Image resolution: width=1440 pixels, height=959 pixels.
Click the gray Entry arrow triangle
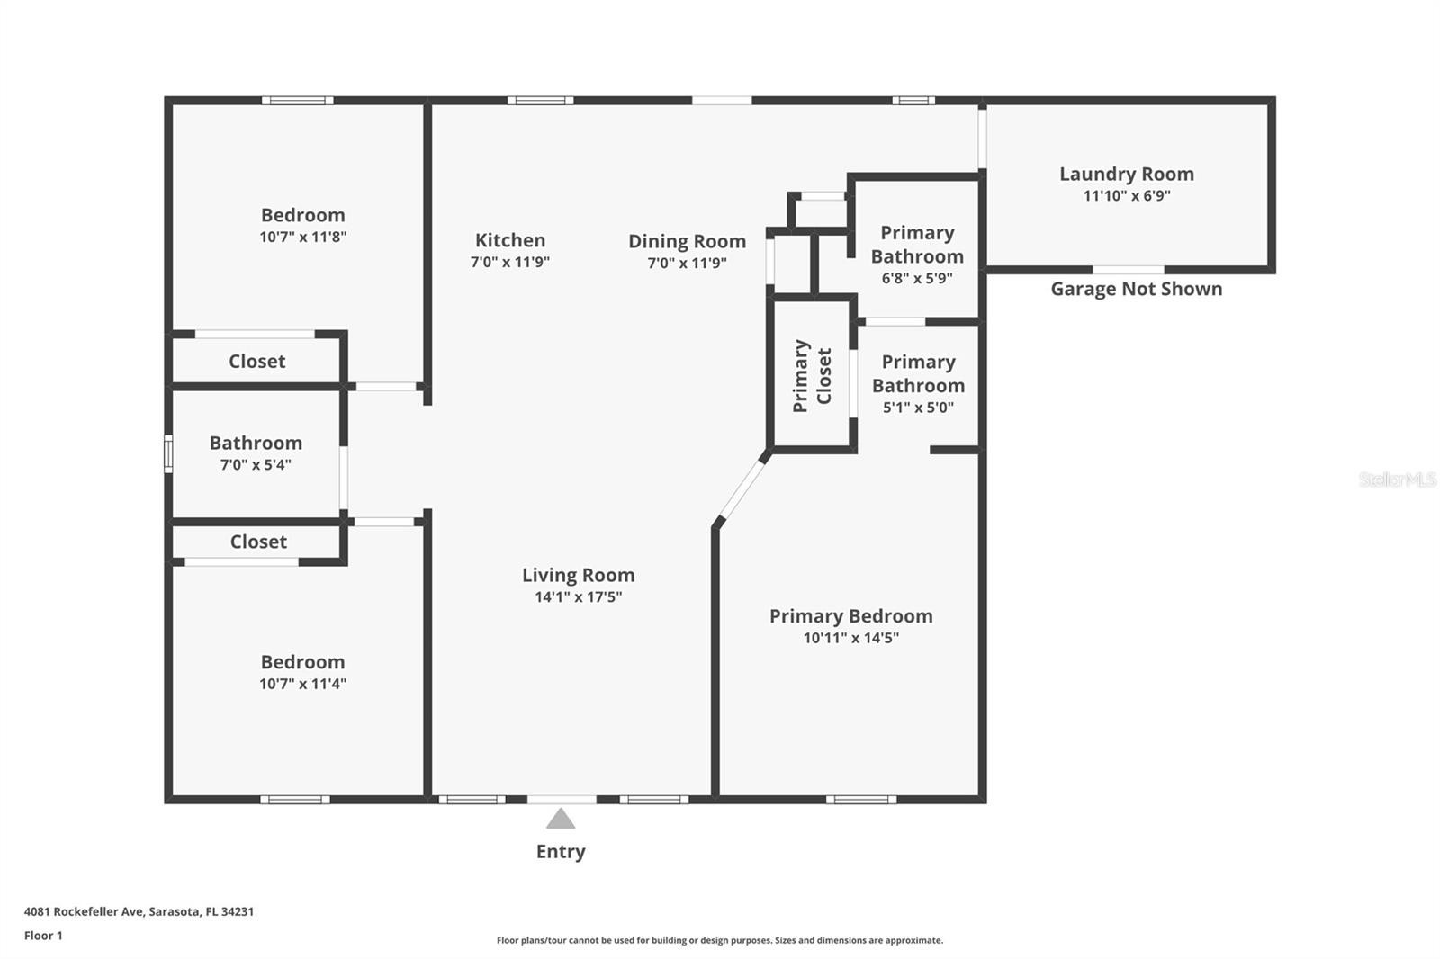pyautogui.click(x=561, y=819)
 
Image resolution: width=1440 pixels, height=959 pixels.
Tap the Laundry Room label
pyautogui.click(x=1126, y=174)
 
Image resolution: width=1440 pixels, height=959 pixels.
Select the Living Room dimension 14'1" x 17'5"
pyautogui.click(x=579, y=596)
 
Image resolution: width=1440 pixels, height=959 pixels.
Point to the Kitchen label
pyautogui.click(x=510, y=239)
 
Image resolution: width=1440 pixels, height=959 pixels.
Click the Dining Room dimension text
pyautogui.click(x=687, y=263)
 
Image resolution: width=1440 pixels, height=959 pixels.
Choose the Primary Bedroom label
pyautogui.click(x=851, y=615)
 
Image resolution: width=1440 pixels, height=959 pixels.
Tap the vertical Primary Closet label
pyautogui.click(x=813, y=375)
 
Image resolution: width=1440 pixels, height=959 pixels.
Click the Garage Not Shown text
pyautogui.click(x=1137, y=289)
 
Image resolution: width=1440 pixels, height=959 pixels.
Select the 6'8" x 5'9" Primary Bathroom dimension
pyautogui.click(x=917, y=278)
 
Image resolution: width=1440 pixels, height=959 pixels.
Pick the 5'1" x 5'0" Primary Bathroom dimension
pyautogui.click(x=918, y=407)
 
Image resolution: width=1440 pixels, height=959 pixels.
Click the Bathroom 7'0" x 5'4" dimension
pyautogui.click(x=256, y=464)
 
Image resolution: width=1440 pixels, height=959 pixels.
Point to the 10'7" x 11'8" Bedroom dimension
pyautogui.click(x=302, y=237)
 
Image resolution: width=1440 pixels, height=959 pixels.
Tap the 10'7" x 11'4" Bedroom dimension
pyautogui.click(x=302, y=683)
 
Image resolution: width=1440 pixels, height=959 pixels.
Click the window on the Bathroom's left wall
pyautogui.click(x=168, y=453)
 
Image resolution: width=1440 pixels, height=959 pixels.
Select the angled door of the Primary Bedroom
pyautogui.click(x=742, y=489)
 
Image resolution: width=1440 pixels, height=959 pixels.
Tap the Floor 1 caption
pyautogui.click(x=44, y=936)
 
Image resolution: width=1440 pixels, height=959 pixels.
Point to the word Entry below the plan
pyautogui.click(x=561, y=851)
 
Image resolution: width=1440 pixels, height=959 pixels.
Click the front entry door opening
pyautogui.click(x=562, y=800)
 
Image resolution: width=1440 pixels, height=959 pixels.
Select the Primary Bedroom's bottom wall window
pyautogui.click(x=861, y=800)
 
